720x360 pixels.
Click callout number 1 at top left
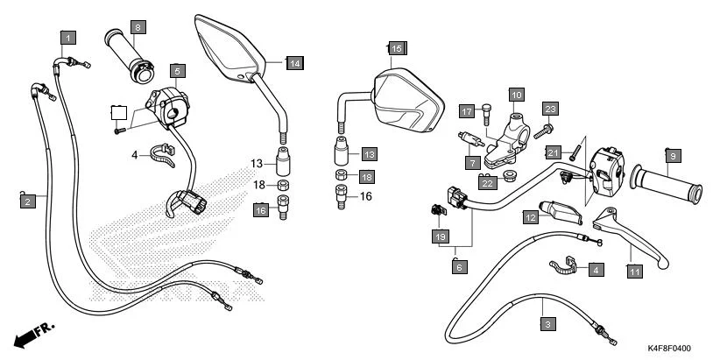tap(68, 38)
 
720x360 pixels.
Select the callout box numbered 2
tap(28, 201)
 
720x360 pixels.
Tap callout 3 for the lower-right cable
tap(547, 325)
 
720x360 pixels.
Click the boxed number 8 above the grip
tap(138, 28)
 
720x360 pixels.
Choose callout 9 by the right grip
tap(673, 156)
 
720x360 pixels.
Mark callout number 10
tap(516, 95)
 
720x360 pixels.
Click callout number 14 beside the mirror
tap(294, 63)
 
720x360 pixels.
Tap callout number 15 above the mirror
tap(396, 48)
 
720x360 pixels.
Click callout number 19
tap(441, 236)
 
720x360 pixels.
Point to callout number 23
tap(550, 109)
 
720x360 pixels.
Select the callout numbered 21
tap(554, 152)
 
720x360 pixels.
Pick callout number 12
tap(532, 216)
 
